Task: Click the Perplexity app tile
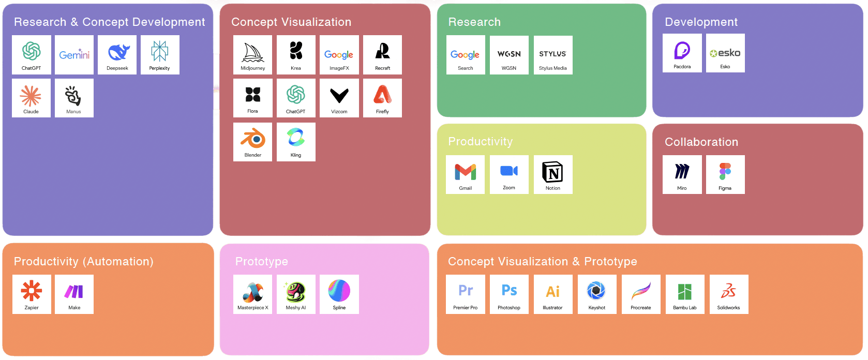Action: click(159, 54)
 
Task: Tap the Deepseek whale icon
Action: click(117, 52)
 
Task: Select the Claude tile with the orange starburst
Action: click(31, 98)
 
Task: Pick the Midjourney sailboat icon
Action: click(252, 52)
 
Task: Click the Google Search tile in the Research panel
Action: click(466, 55)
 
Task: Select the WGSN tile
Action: click(509, 55)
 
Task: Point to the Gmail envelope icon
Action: click(466, 172)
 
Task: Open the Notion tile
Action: click(553, 174)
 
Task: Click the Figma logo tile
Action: click(725, 174)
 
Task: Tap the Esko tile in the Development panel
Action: click(725, 53)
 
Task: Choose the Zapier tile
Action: click(32, 294)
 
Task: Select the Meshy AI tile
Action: click(296, 294)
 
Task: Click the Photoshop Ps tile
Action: click(509, 294)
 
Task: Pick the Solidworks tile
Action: click(729, 294)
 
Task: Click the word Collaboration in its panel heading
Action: click(701, 142)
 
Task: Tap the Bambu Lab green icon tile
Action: click(685, 294)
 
